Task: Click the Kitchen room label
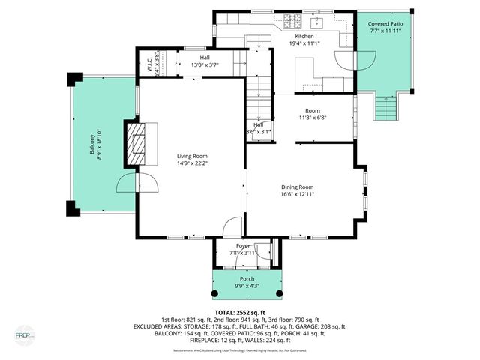pos(304,36)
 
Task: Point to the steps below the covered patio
pos(385,109)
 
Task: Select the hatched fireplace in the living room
pos(136,144)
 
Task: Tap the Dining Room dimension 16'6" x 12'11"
pos(297,194)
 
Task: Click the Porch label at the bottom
pos(247,279)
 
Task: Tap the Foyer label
pos(243,245)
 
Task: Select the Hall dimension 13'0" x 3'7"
pos(205,65)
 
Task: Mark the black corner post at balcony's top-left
pos(73,79)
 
